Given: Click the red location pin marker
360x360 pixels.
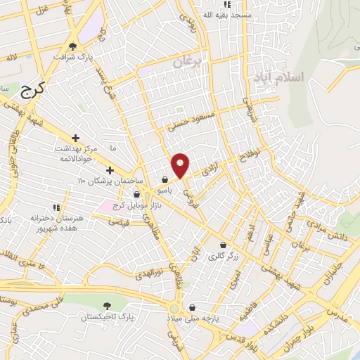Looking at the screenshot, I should (181, 165).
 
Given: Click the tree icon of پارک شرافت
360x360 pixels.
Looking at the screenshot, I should (72, 46).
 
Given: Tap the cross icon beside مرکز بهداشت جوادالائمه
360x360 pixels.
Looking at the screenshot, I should (75, 137).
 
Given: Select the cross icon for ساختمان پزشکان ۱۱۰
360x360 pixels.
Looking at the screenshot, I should (109, 170).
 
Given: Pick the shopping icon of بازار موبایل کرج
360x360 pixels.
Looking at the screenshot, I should (137, 195).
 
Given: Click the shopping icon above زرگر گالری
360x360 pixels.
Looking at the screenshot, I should (224, 245).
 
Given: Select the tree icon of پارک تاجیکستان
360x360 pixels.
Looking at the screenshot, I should (107, 306).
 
